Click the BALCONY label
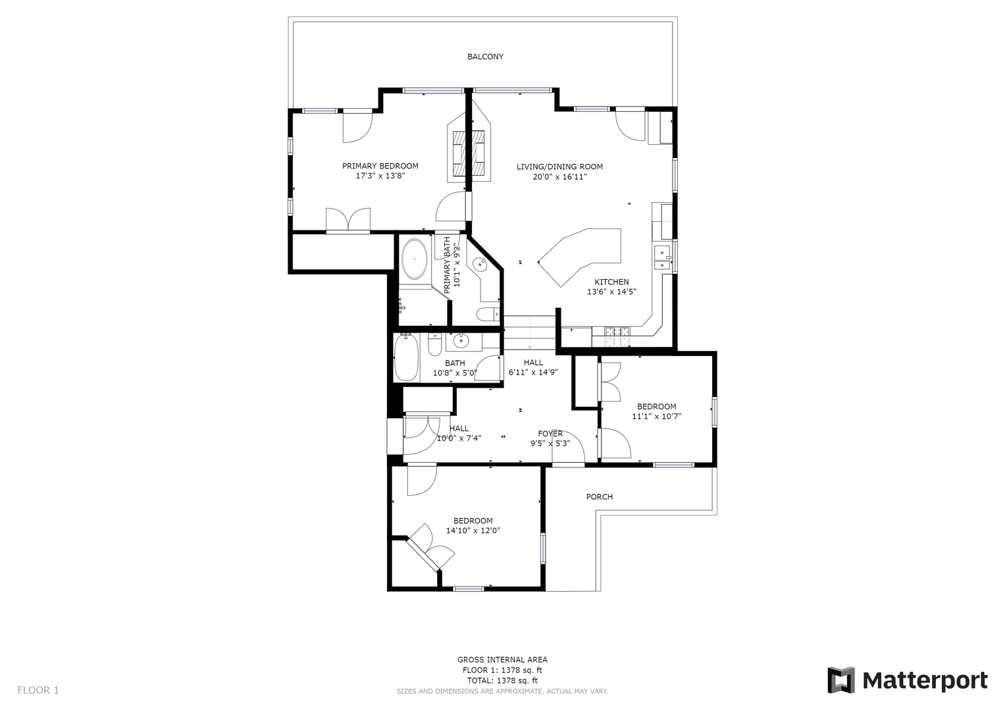[485, 57]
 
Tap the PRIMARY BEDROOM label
[380, 166]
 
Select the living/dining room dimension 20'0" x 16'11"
[559, 176]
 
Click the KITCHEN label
[611, 282]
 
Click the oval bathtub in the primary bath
[414, 259]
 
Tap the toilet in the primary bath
[488, 314]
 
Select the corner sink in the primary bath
[480, 264]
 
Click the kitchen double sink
[661, 257]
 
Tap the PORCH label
[599, 496]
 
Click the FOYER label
[550, 433]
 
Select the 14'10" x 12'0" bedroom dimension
[473, 531]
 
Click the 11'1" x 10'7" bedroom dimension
[656, 416]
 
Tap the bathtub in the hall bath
[406, 357]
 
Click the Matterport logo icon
[840, 680]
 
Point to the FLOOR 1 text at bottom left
[38, 690]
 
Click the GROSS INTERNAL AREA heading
[502, 659]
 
